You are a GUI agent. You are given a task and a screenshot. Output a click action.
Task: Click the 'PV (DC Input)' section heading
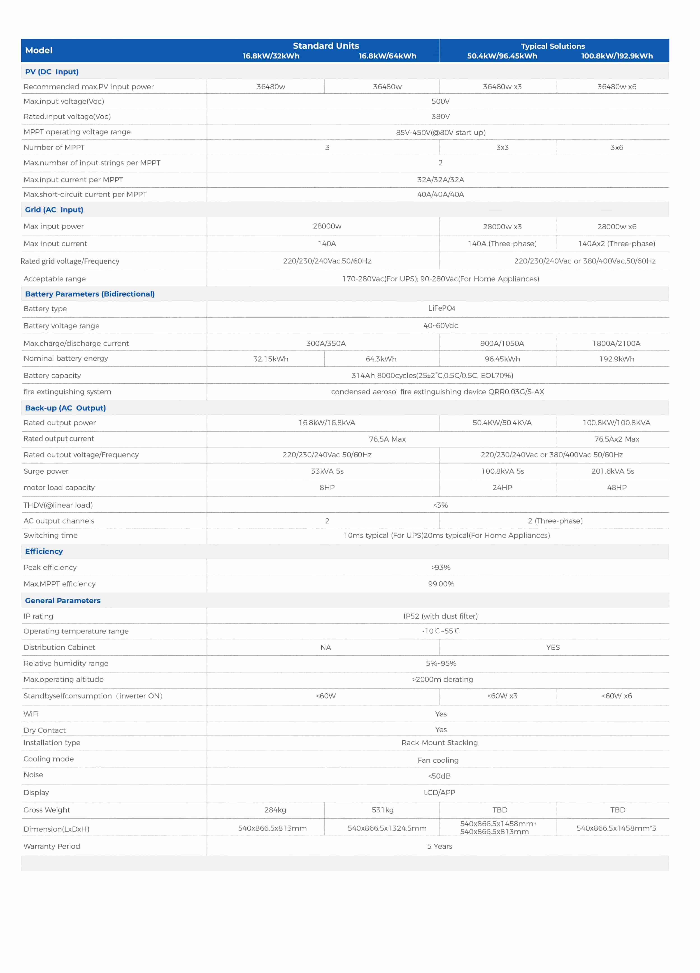pos(51,72)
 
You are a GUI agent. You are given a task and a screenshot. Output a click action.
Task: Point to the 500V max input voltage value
pos(440,101)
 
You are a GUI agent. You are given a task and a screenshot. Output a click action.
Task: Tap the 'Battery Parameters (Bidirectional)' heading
pos(90,294)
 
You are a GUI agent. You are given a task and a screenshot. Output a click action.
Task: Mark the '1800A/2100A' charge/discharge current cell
pos(616,343)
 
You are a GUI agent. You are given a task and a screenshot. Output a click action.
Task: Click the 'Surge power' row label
pos(46,471)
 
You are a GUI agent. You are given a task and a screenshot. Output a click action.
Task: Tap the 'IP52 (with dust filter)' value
pos(440,616)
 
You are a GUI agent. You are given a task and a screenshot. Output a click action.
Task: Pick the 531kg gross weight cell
pos(382,810)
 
